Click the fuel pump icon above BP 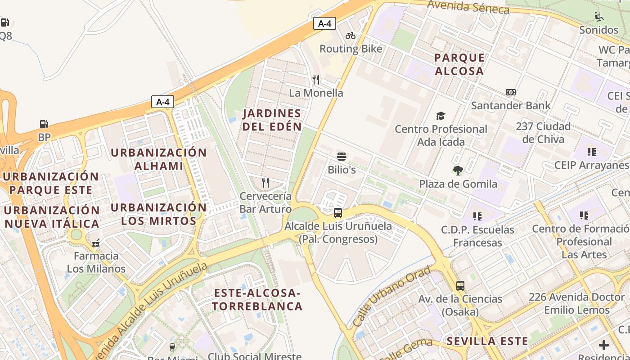click(44, 124)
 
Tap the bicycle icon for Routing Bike click(351, 36)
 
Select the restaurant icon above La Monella click(316, 80)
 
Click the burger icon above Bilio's click(342, 157)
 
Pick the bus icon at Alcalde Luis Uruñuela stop click(338, 213)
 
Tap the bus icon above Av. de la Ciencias click(460, 285)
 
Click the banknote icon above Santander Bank click(510, 92)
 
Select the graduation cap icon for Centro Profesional click(441, 116)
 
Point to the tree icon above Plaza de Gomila click(458, 171)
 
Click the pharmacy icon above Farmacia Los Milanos click(96, 243)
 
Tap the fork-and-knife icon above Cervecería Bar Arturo click(265, 182)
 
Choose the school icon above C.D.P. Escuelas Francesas click(477, 216)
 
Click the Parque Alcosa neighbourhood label click(459, 64)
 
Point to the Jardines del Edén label click(272, 120)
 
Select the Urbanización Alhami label click(158, 159)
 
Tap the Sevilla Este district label click(487, 341)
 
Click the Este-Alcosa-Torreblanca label click(257, 300)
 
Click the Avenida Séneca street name click(468, 7)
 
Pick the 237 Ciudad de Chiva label click(543, 132)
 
